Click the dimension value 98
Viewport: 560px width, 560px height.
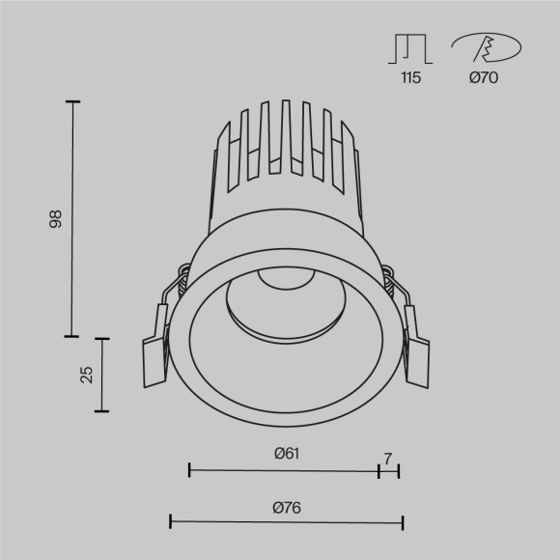(x=56, y=219)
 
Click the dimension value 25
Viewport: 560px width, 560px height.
(x=86, y=375)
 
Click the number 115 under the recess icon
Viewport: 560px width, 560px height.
(x=411, y=78)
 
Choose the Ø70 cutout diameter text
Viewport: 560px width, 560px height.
(x=483, y=78)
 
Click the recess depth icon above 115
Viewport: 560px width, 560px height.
(x=411, y=48)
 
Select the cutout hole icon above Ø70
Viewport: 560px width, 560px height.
(x=486, y=46)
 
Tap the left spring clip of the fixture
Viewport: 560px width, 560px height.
(x=156, y=343)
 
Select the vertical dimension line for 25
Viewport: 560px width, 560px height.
(x=100, y=375)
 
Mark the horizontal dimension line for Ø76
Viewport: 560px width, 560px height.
(x=286, y=522)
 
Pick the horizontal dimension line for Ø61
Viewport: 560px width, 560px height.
(x=284, y=470)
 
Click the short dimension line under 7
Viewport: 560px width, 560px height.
(x=389, y=470)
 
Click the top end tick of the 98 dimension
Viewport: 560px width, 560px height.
(x=72, y=100)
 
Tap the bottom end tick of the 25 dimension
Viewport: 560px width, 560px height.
(x=100, y=411)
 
